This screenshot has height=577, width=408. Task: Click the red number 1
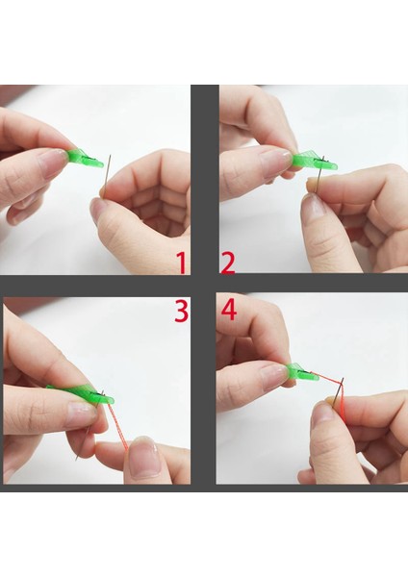(182, 263)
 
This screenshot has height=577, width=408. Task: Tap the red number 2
(227, 263)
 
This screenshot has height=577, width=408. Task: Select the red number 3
(182, 311)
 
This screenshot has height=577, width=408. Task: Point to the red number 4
(229, 311)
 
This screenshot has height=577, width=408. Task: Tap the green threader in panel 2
(315, 162)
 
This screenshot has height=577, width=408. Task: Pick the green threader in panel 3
(83, 393)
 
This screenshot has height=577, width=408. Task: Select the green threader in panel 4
(301, 373)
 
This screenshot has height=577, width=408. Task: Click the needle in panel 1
(107, 176)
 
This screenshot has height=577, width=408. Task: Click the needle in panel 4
(339, 392)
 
